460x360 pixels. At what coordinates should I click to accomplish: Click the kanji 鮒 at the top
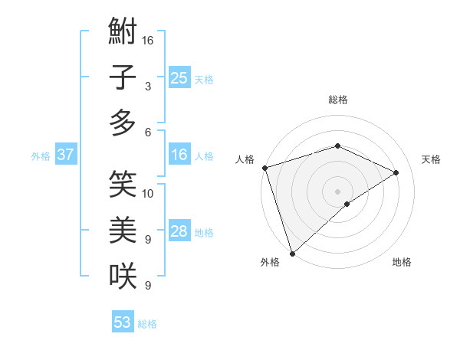tap(123, 34)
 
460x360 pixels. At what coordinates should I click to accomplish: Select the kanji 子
tap(123, 78)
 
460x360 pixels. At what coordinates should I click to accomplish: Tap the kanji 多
tap(123, 123)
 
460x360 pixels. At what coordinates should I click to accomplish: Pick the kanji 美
tap(123, 228)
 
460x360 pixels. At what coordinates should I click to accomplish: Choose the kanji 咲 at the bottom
tap(123, 274)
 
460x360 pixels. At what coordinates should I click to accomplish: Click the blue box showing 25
tap(179, 77)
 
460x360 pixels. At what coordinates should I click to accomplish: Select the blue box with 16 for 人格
tap(179, 155)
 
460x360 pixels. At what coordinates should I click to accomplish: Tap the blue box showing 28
tap(179, 231)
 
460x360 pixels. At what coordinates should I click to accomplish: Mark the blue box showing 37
tap(65, 155)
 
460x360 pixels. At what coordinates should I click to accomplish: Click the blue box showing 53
tap(123, 322)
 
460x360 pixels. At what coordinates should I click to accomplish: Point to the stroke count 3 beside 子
tap(147, 87)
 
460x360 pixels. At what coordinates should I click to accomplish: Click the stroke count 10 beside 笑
tap(148, 193)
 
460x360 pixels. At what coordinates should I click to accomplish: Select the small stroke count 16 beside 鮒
tap(148, 40)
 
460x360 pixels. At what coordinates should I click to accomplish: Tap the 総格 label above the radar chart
tap(337, 100)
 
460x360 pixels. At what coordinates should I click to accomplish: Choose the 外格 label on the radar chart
tap(270, 263)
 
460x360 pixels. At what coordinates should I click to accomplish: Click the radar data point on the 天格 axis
tap(396, 172)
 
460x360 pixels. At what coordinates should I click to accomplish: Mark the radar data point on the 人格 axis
tap(264, 168)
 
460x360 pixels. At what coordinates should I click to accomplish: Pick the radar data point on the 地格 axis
tap(347, 204)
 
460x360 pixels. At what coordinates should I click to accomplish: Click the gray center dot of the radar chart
tap(337, 191)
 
